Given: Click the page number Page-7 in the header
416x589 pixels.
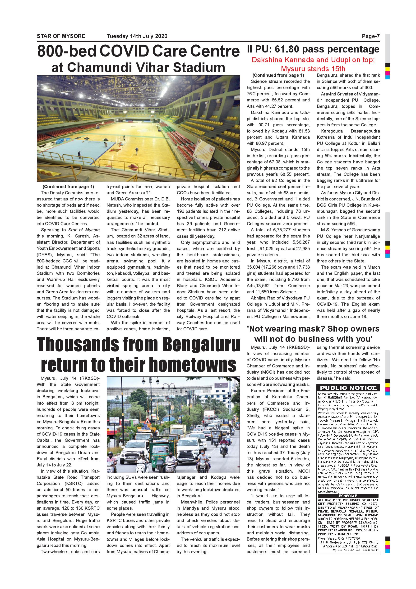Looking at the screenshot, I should tap(371, 36).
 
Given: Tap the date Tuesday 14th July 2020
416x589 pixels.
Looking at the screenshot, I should tap(137, 36).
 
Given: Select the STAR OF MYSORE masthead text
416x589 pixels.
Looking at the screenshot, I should tap(61, 36).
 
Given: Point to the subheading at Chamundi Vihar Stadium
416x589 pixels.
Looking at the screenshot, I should tap(138, 68).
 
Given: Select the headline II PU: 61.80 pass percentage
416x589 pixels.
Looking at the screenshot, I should tap(313, 49).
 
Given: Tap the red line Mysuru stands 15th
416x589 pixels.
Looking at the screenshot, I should tap(313, 69).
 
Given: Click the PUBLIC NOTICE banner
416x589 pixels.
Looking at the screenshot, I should tap(348, 388).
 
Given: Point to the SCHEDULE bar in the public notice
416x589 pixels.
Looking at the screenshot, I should tap(348, 496).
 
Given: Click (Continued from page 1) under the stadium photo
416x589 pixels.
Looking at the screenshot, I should tap(68, 186).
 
